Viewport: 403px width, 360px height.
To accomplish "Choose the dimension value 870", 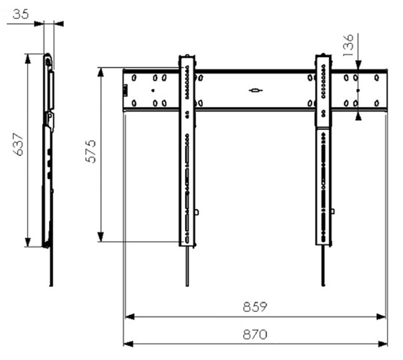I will point(254,334).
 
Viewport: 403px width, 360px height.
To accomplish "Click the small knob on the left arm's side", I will point(197,212).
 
